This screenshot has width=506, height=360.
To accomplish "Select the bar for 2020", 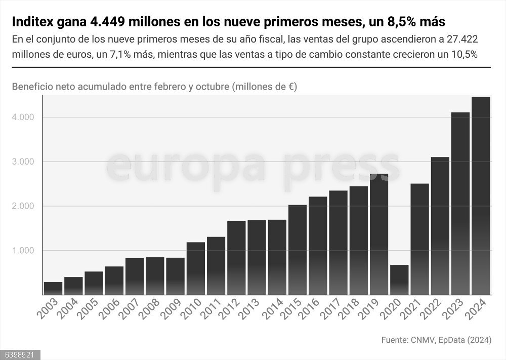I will tap(399, 279).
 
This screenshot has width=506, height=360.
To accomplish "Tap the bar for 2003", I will tap(53, 288).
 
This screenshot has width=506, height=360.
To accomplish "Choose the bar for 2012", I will tap(236, 258).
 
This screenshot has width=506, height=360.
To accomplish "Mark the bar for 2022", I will tap(440, 226).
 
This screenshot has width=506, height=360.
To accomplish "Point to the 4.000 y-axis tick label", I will tap(23, 117).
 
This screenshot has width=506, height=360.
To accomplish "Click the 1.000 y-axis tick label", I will tap(23, 251).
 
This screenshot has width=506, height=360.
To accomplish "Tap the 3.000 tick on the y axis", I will tap(23, 162).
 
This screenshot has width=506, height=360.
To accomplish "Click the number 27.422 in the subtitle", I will tap(460, 39).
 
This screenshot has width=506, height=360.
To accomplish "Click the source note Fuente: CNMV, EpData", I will tap(436, 340).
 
